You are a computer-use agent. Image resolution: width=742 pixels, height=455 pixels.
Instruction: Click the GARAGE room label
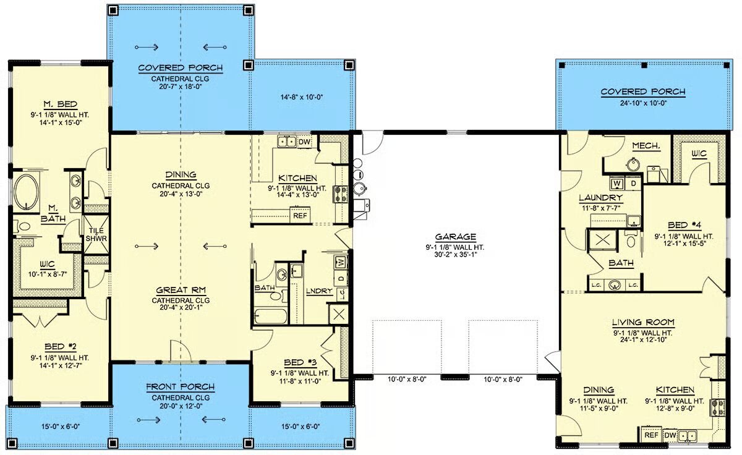455,237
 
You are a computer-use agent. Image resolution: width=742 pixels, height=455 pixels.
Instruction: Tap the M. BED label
61,104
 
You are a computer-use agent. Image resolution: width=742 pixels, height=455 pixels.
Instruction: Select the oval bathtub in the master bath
26,192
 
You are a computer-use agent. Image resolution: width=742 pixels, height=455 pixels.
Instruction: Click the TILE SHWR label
96,234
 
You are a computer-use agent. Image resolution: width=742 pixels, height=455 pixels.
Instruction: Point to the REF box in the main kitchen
300,216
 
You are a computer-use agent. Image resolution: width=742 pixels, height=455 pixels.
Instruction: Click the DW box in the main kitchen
304,142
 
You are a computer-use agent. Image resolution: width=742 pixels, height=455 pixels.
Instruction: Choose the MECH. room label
646,146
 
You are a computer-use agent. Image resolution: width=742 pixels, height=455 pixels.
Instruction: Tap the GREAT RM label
181,291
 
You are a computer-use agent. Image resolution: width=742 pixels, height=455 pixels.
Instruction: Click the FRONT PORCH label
181,387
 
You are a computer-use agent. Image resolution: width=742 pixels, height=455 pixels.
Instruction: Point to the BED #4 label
684,226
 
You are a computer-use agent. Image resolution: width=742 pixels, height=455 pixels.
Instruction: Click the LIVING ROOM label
643,322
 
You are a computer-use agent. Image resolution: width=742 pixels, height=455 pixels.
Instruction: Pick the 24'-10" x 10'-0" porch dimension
643,103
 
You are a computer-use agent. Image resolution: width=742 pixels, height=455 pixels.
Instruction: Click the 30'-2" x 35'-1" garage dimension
455,255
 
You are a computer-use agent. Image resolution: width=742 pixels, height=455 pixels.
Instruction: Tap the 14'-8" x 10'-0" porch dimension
302,97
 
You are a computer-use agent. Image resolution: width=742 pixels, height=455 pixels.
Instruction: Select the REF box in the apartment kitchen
651,435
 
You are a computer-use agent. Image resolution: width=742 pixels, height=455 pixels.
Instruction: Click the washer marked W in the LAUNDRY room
617,183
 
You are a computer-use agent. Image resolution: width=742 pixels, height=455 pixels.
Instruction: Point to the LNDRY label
319,291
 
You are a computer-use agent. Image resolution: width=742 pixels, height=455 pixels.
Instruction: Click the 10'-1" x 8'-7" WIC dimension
48,274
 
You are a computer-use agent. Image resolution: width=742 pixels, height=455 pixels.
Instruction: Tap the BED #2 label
61,347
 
